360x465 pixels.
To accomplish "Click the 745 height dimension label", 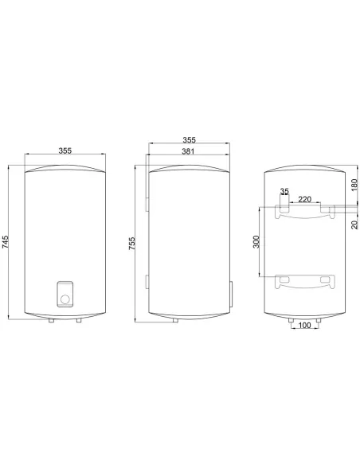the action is (x=6, y=242).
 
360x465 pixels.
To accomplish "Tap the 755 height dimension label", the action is (x=132, y=243).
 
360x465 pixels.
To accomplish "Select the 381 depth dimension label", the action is (x=188, y=151).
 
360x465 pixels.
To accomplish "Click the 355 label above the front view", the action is (x=65, y=150).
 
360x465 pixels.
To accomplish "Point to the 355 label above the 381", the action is (x=190, y=139).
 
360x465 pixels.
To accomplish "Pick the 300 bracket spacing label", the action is (x=256, y=242).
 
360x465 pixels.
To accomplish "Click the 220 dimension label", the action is (x=304, y=199).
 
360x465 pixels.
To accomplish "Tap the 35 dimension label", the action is (x=284, y=192).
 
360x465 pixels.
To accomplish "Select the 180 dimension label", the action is (x=354, y=185).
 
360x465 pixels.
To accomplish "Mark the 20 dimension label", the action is (x=354, y=225).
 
